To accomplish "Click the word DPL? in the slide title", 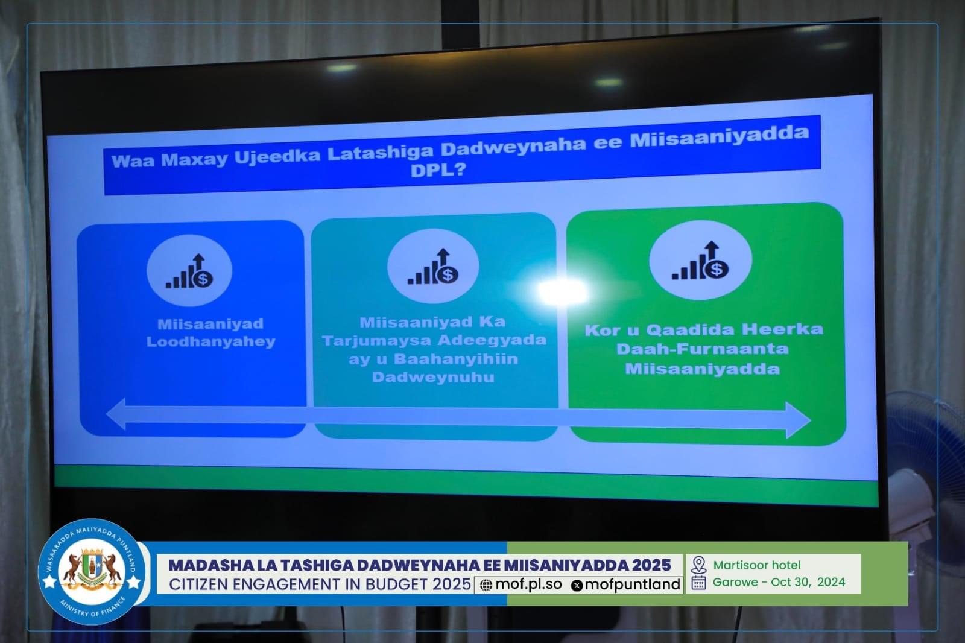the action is point(438,170).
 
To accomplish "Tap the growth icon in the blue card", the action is point(189,271).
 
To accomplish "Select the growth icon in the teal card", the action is point(433,267).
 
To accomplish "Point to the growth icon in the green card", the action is point(700,261).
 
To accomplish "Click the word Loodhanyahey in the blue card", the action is point(210,342).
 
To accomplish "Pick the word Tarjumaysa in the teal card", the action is point(376,341).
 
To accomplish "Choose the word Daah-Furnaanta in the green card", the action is point(702,349).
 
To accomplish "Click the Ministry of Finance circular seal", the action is point(91,572).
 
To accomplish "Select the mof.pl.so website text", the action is point(529,584).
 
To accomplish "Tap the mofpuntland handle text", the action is point(633,584).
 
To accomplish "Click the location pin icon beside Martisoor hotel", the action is point(698,565).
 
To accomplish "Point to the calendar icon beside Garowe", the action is point(698,583).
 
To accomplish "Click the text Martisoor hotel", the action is point(757,565).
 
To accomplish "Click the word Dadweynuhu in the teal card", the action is point(433,377).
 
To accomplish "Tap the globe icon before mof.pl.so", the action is point(486,585).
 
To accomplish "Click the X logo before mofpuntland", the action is point(577,585).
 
